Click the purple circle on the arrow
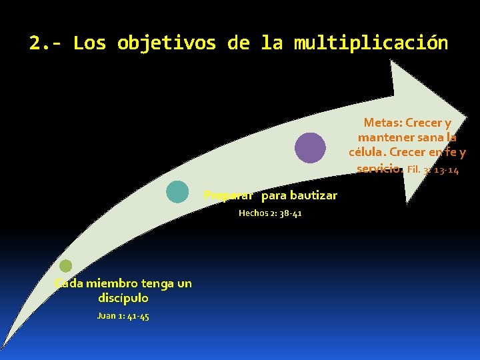[x=311, y=148]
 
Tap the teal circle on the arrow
[x=177, y=191]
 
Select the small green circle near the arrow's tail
[x=65, y=266]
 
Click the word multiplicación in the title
[x=371, y=43]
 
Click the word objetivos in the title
[x=166, y=43]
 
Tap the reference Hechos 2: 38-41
[x=270, y=213]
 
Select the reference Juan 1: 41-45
[x=123, y=315]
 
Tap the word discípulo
[x=123, y=298]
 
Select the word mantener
[x=381, y=137]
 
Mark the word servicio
[x=379, y=168]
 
